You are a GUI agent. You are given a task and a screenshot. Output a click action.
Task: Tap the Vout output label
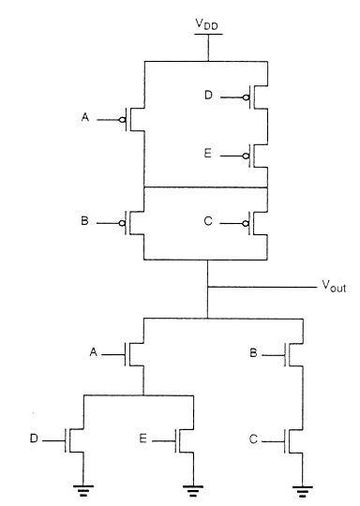332,289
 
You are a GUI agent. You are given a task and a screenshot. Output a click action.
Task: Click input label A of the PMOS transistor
87,119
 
